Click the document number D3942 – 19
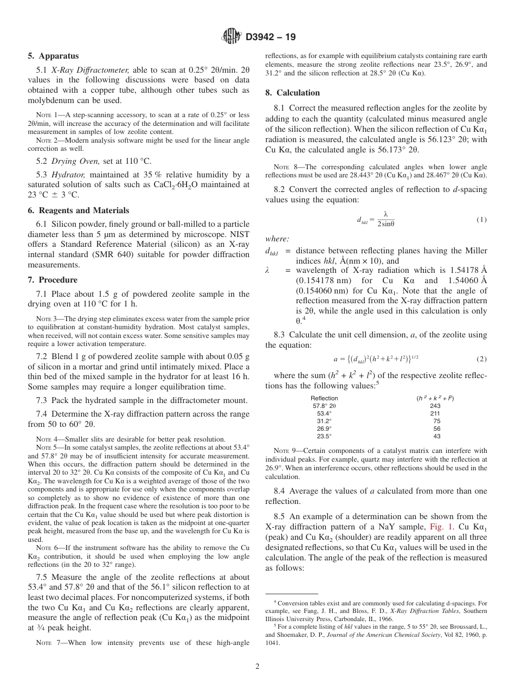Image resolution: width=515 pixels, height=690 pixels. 271,37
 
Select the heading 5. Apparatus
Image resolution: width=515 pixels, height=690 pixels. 53,56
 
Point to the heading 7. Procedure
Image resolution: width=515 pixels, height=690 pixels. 53,280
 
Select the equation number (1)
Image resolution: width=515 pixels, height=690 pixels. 481,220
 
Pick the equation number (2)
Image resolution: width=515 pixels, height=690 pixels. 481,359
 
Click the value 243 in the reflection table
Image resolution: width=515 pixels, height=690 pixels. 435,406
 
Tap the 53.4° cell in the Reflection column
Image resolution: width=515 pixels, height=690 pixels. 325,413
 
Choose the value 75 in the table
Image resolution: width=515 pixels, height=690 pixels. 436,421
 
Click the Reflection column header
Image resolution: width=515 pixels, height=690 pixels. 325,398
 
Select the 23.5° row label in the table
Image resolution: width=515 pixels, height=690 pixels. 325,436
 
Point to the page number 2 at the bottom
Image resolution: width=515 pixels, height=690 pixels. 257,667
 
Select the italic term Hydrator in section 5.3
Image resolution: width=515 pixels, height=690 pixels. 69,175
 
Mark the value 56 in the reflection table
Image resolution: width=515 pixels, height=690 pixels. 436,428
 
